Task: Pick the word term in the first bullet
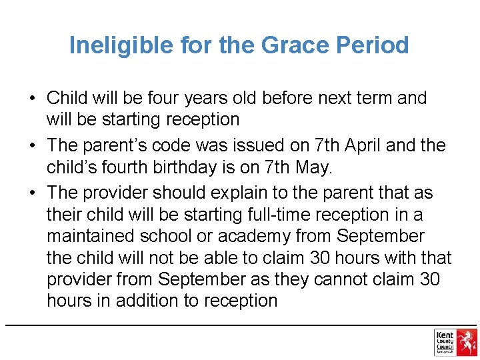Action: [x=365, y=99]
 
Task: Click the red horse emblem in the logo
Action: [x=467, y=342]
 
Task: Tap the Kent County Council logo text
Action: [x=445, y=342]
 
